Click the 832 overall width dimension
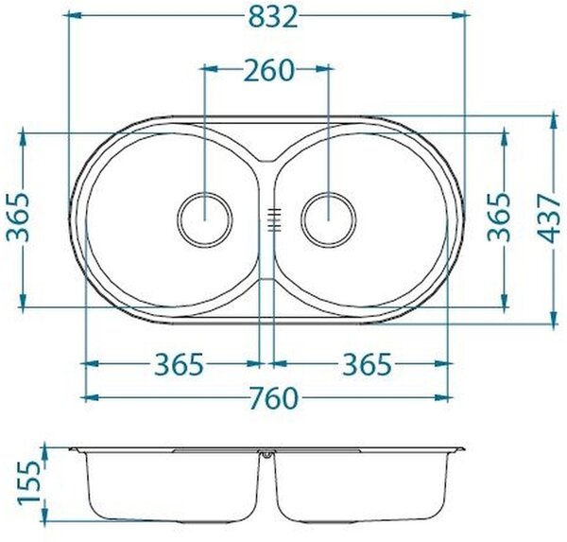pyautogui.click(x=273, y=17)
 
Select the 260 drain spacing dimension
pyautogui.click(x=268, y=70)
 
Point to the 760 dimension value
pyautogui.click(x=274, y=398)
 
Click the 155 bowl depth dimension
pyautogui.click(x=28, y=482)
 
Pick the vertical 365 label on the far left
pyautogui.click(x=17, y=218)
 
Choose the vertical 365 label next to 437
pyautogui.click(x=498, y=218)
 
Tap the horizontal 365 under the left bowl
pyautogui.click(x=180, y=364)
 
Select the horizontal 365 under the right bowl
pyautogui.click(x=367, y=364)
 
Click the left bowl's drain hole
pyautogui.click(x=205, y=219)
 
